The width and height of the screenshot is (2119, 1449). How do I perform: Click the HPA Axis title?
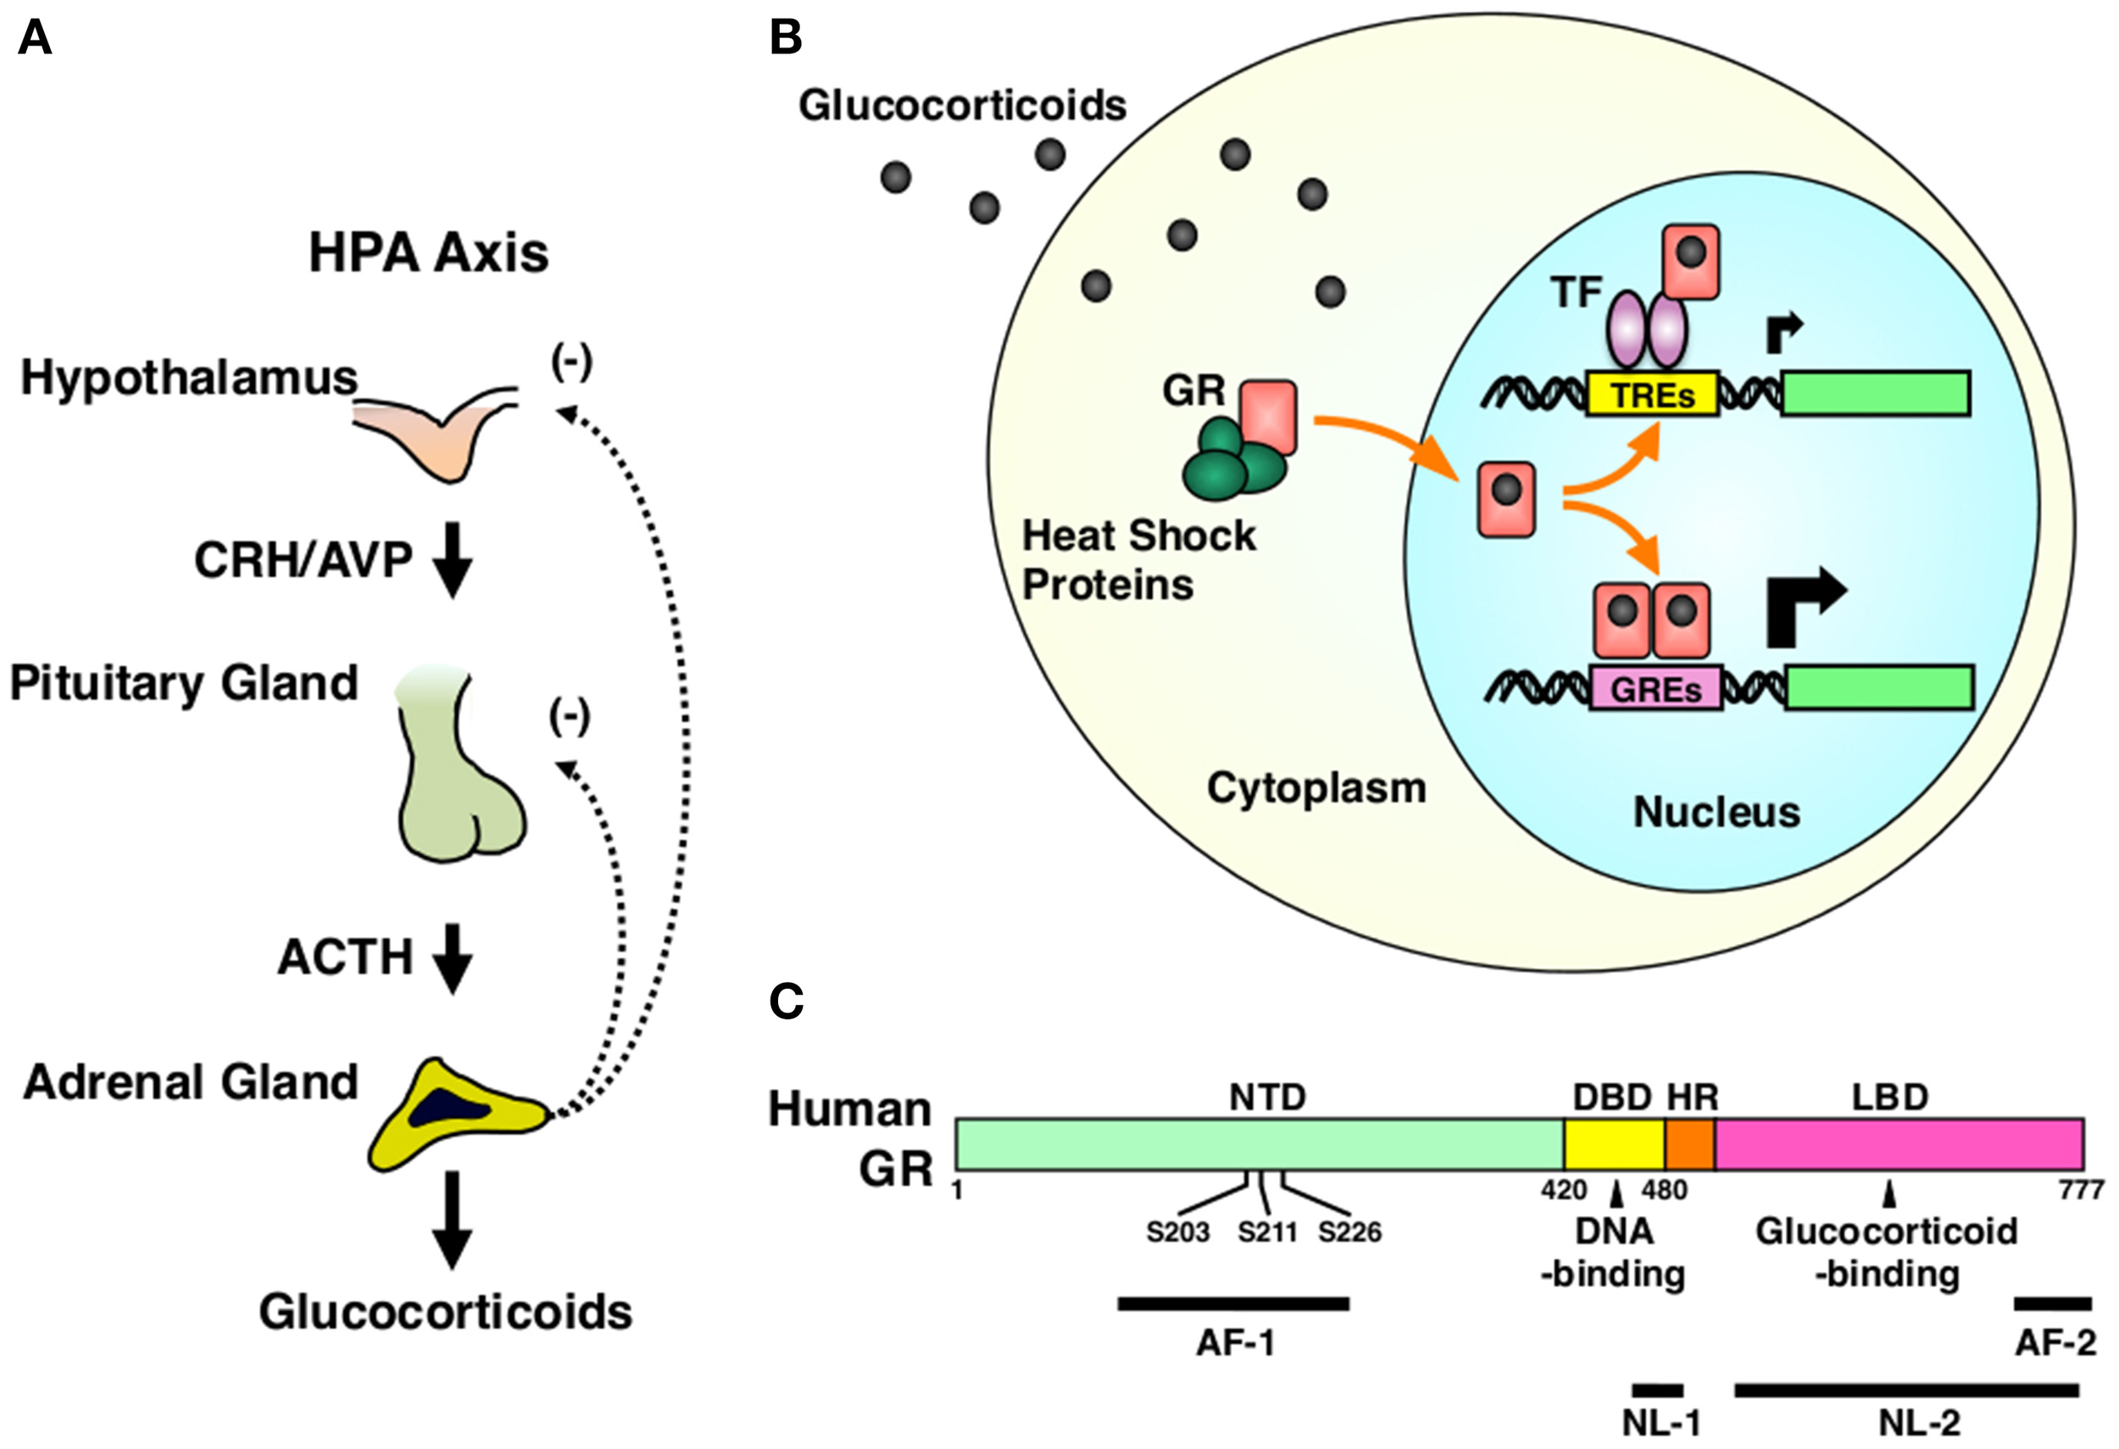point(429,253)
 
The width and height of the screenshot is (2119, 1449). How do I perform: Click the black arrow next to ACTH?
point(451,958)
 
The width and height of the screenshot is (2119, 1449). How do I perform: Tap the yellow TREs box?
point(1652,395)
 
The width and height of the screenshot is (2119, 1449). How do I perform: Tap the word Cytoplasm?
point(1316,787)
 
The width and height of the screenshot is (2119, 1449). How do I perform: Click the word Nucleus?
point(1716,812)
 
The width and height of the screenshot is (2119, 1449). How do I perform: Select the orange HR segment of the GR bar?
point(1689,1145)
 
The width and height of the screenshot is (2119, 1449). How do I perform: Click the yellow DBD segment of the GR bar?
point(1614,1145)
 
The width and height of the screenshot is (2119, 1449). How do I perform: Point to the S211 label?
point(1267,1232)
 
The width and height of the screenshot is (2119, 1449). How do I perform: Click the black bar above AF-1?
point(1233,1304)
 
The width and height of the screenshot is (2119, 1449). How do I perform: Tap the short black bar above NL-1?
point(1657,1390)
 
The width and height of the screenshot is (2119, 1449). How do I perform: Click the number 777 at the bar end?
point(2081,1191)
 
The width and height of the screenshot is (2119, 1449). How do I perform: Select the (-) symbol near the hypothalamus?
point(571,363)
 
